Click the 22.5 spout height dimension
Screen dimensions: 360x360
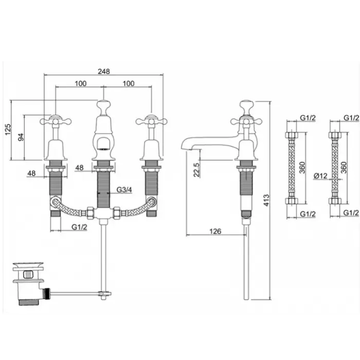coord(196,170)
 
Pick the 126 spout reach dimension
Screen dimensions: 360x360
coord(215,231)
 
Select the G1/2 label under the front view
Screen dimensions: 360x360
coord(79,226)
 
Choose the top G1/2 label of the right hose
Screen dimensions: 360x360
coord(351,118)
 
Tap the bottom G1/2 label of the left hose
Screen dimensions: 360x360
coord(307,213)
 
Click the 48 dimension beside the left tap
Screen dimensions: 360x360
coord(32,173)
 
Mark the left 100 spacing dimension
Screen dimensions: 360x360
coord(80,83)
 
